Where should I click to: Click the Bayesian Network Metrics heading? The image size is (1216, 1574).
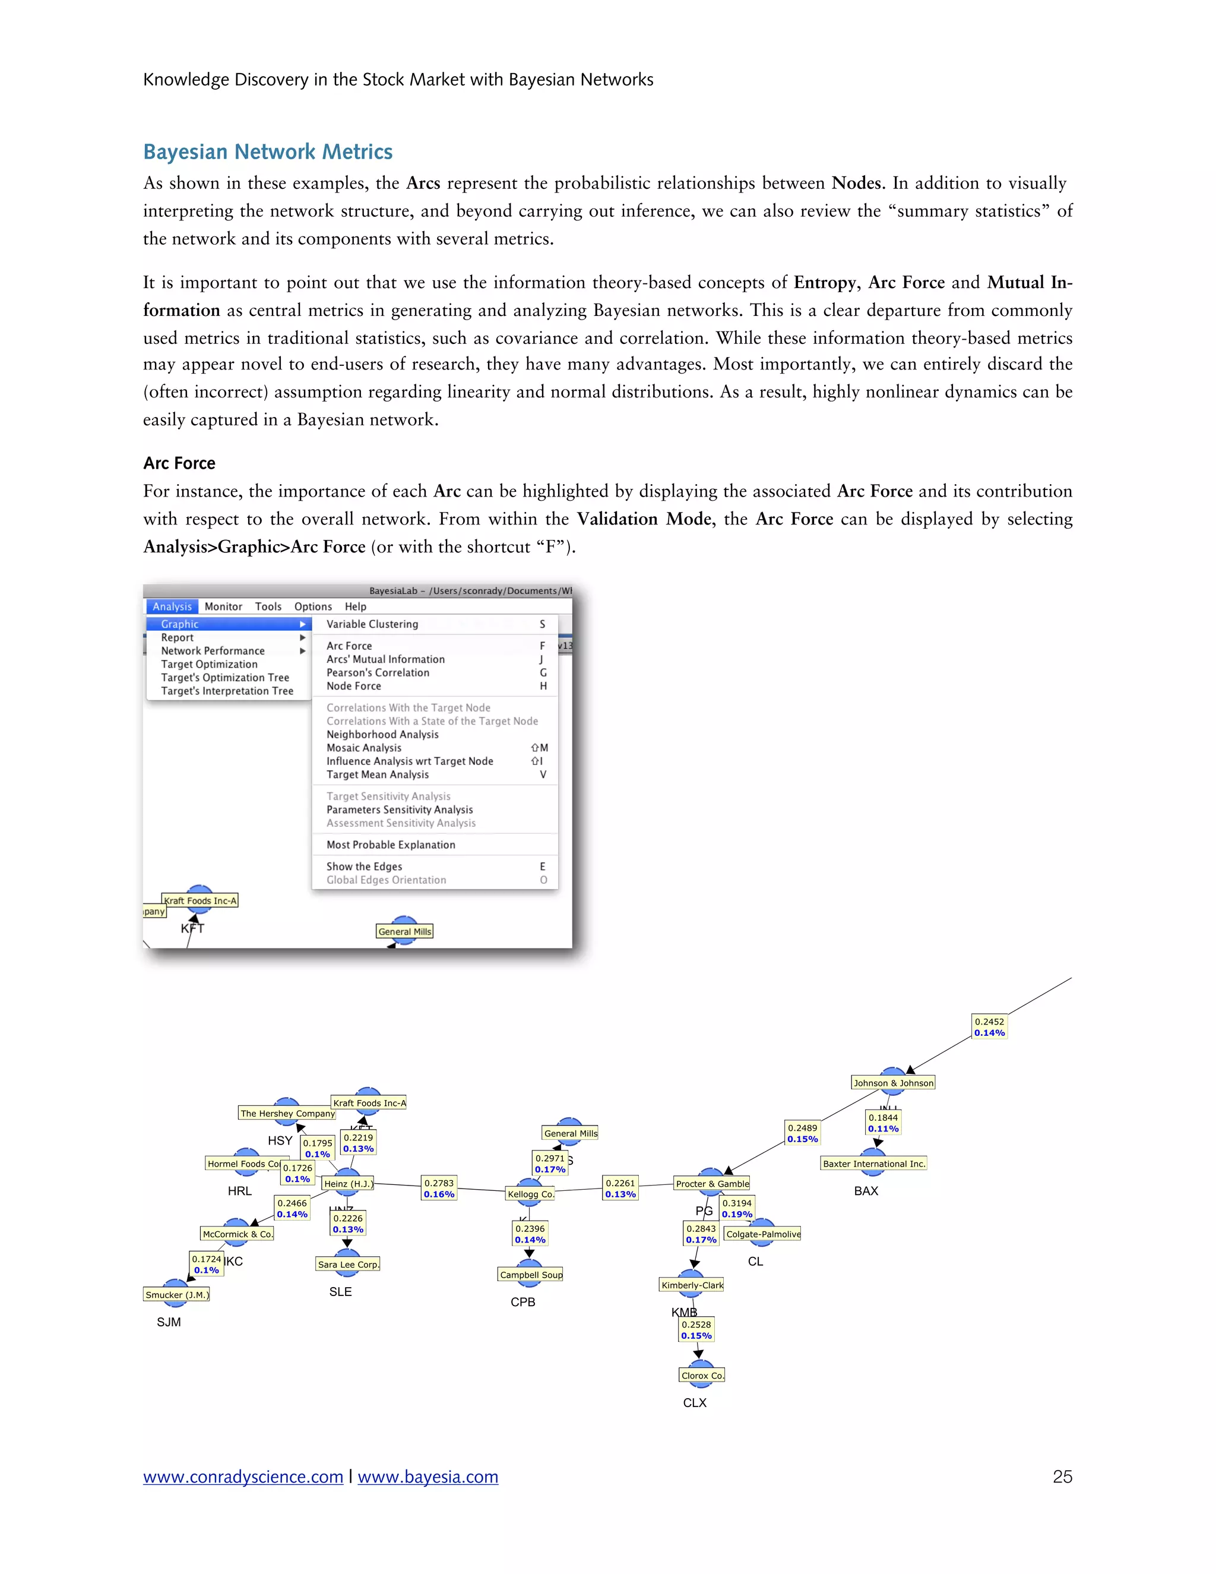click(x=267, y=152)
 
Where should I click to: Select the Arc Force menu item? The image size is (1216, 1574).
click(x=349, y=646)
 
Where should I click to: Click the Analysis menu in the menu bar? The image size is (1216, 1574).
click(x=172, y=607)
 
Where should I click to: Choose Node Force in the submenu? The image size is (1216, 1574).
click(x=354, y=686)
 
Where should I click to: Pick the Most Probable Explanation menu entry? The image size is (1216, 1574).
click(x=391, y=845)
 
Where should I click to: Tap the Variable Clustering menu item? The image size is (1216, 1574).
click(x=372, y=624)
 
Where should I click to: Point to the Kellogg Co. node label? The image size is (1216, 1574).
click(x=531, y=1194)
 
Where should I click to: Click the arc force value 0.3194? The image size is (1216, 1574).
click(x=737, y=1203)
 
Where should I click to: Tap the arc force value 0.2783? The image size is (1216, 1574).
click(x=439, y=1183)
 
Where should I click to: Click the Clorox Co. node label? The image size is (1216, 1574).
click(x=702, y=1375)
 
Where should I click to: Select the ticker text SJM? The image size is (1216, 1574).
click(x=169, y=1322)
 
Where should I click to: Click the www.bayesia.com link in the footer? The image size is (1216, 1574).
click(x=428, y=1477)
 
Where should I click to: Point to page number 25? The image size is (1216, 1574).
click(x=1062, y=1477)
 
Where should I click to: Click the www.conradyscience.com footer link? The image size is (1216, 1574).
click(x=243, y=1477)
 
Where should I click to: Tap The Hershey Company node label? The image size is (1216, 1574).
click(x=287, y=1114)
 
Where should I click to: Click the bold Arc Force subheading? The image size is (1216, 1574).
click(x=179, y=463)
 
